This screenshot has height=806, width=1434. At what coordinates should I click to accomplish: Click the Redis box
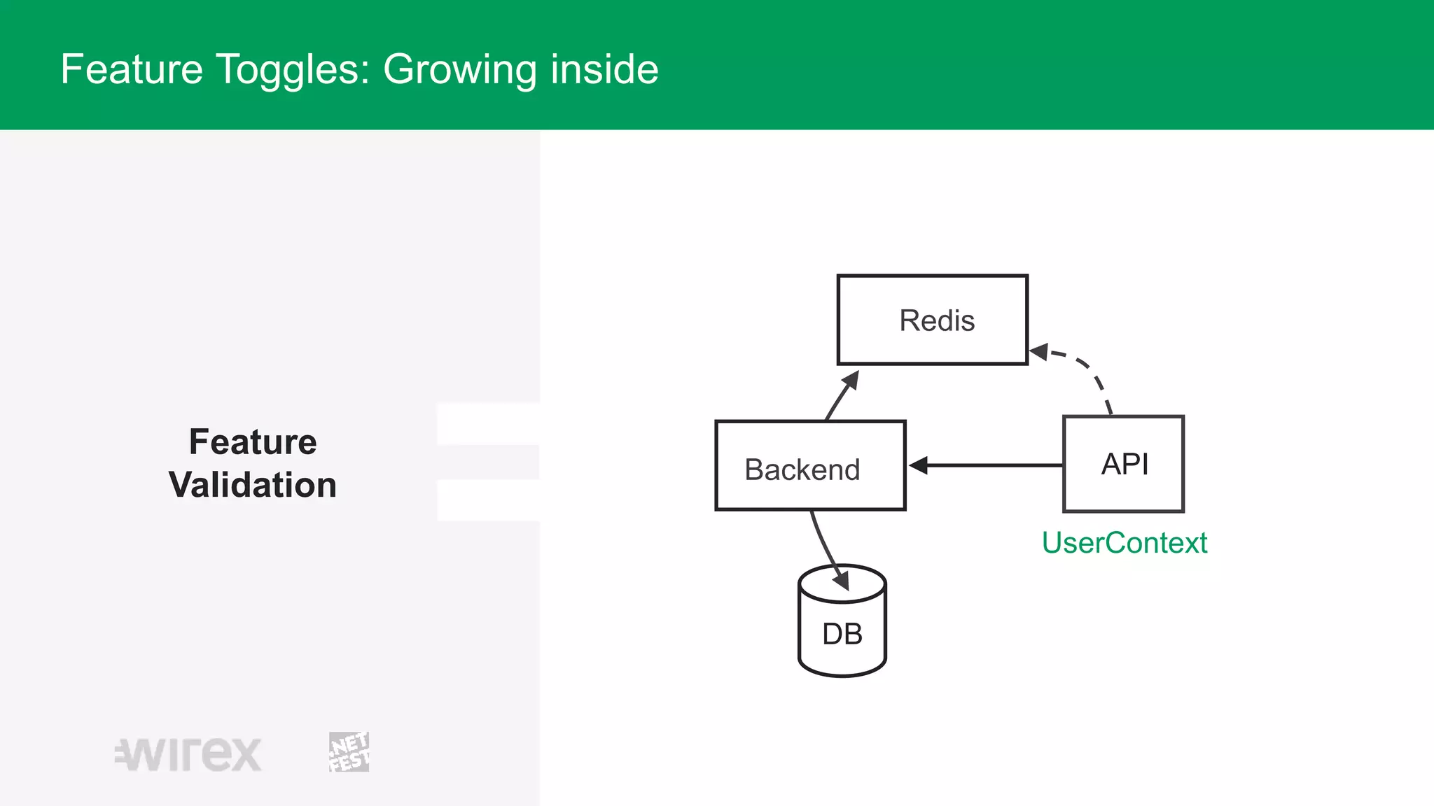click(x=932, y=320)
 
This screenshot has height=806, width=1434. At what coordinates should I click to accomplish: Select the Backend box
click(x=810, y=465)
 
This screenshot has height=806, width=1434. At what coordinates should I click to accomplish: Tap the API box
click(x=1123, y=464)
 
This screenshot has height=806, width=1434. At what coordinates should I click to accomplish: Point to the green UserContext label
click(x=1124, y=543)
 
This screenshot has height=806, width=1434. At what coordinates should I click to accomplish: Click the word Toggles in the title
click(x=293, y=69)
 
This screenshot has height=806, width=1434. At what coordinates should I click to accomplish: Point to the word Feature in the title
click(x=132, y=69)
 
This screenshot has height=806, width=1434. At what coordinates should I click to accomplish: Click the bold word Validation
click(x=253, y=485)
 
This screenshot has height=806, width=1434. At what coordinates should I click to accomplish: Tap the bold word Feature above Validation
click(x=253, y=441)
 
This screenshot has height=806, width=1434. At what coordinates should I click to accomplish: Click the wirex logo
click(x=188, y=754)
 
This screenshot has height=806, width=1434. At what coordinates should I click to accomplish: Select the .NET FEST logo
click(x=349, y=752)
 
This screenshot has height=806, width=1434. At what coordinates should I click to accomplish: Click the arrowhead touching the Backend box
click(x=918, y=465)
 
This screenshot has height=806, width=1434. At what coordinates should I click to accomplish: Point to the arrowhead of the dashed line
click(x=1039, y=352)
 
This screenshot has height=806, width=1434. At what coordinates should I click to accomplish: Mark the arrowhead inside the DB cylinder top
click(x=842, y=580)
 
